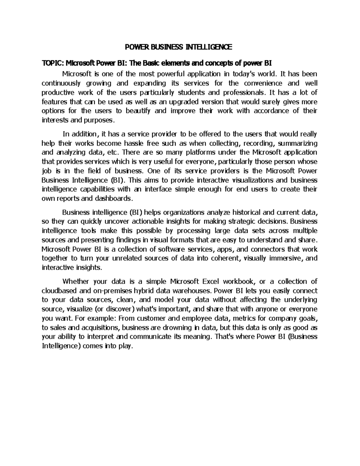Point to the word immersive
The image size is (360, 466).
coord(288,259)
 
